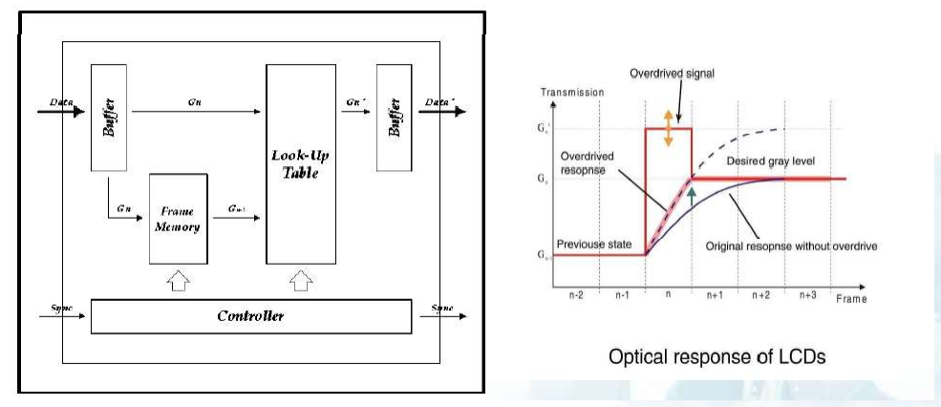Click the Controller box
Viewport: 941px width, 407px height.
250,316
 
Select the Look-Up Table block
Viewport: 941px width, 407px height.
302,165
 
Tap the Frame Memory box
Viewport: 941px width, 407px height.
178,219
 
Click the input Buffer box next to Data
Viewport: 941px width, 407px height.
111,118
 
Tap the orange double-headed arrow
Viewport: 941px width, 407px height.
669,128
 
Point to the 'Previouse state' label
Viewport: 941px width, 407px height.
594,245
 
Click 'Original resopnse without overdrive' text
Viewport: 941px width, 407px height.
791,246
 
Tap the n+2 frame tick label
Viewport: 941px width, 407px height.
760,296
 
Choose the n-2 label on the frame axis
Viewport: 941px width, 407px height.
576,296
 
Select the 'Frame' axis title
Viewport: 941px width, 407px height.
850,299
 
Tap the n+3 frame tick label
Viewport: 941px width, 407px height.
807,296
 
